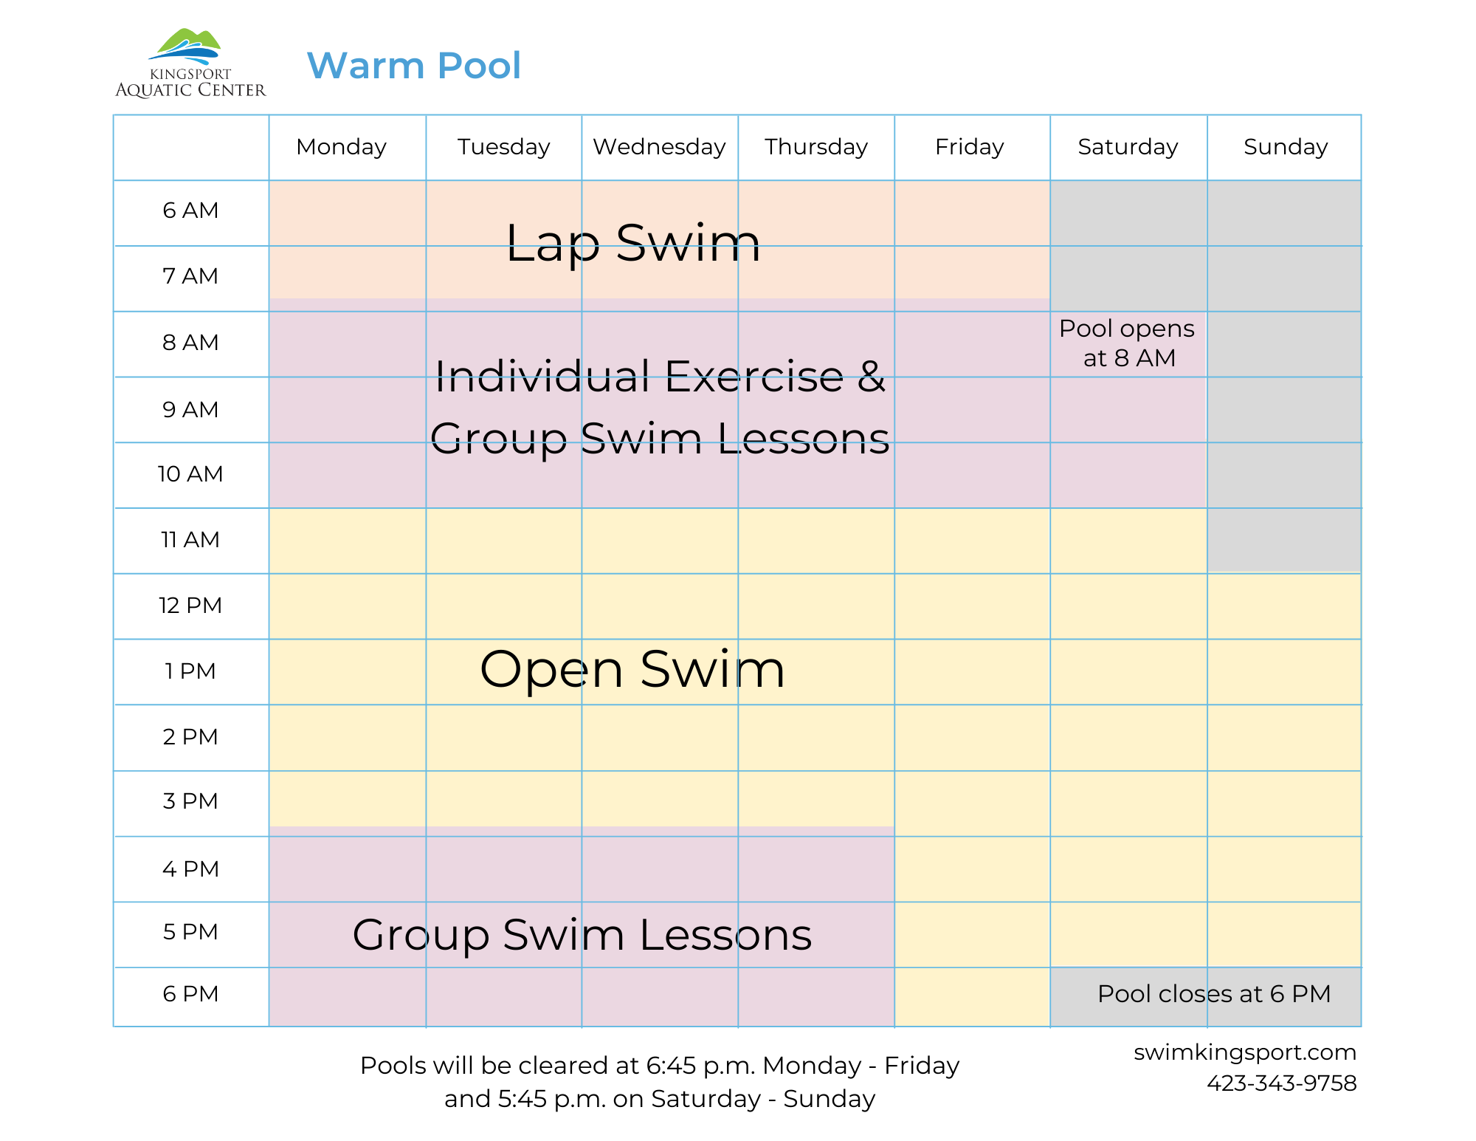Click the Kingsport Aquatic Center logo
pyautogui.click(x=190, y=64)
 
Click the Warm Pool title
pyautogui.click(x=413, y=66)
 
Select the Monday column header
pyautogui.click(x=341, y=147)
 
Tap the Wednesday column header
pyautogui.click(x=659, y=147)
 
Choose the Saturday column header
pyautogui.click(x=1128, y=147)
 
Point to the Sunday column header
pyautogui.click(x=1286, y=147)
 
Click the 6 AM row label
pyautogui.click(x=190, y=210)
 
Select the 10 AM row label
pyautogui.click(x=190, y=474)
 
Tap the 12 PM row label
pyautogui.click(x=190, y=606)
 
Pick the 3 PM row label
pyautogui.click(x=190, y=801)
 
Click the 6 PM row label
pyautogui.click(x=190, y=994)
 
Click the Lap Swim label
pyautogui.click(x=632, y=243)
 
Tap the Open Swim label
pyautogui.click(x=632, y=670)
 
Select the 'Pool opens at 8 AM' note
pyautogui.click(x=1127, y=343)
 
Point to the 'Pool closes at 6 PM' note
pyautogui.click(x=1213, y=994)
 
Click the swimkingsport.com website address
pyautogui.click(x=1244, y=1052)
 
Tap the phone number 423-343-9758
pyautogui.click(x=1281, y=1083)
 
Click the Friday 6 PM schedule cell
pyautogui.click(x=972, y=996)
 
